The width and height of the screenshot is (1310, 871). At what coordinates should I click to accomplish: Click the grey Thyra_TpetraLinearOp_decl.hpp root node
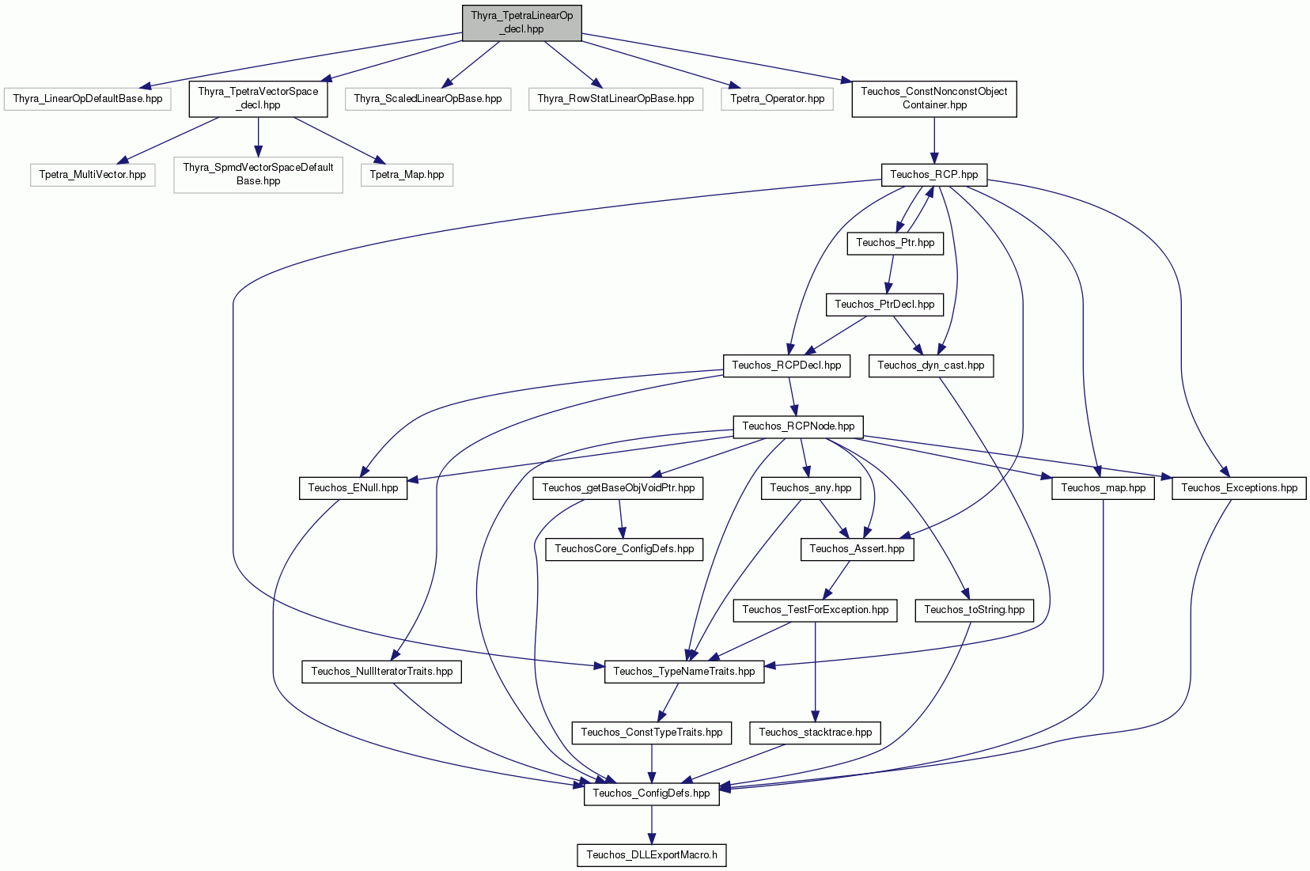521,23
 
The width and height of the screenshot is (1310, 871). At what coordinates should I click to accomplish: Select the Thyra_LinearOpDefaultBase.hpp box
88,99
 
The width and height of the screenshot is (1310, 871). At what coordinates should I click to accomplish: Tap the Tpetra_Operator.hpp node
778,99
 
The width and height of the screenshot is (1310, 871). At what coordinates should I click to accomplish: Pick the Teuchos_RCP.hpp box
934,175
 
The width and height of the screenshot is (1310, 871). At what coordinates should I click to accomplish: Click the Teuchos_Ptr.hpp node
895,243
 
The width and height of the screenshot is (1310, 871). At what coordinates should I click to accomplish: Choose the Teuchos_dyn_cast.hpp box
931,365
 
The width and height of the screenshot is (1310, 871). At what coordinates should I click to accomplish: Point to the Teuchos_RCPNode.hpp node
798,426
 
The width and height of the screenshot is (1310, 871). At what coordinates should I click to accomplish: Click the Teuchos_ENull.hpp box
354,488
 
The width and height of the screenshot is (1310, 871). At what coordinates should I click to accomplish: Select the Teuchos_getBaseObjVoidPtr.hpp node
618,488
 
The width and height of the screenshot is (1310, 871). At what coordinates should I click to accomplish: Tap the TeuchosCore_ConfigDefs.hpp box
624,549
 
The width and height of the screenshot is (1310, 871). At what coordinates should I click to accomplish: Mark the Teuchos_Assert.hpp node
857,549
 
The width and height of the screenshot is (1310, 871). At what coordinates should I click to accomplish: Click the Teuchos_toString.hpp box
975,610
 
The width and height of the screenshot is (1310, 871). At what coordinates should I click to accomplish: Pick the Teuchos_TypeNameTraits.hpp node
684,672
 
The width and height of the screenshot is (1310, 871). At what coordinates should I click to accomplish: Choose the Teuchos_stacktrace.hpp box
816,733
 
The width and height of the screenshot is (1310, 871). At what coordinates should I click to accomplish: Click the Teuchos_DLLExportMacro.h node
652,855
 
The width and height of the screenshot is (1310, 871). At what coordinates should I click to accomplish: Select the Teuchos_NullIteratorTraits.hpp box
382,672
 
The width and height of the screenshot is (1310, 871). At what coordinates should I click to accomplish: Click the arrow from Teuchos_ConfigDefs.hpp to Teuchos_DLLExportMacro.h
652,824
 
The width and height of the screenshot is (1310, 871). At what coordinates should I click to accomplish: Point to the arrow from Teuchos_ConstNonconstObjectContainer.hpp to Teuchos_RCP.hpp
934,140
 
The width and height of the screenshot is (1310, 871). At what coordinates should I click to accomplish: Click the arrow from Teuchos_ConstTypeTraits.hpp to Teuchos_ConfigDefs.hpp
652,763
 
